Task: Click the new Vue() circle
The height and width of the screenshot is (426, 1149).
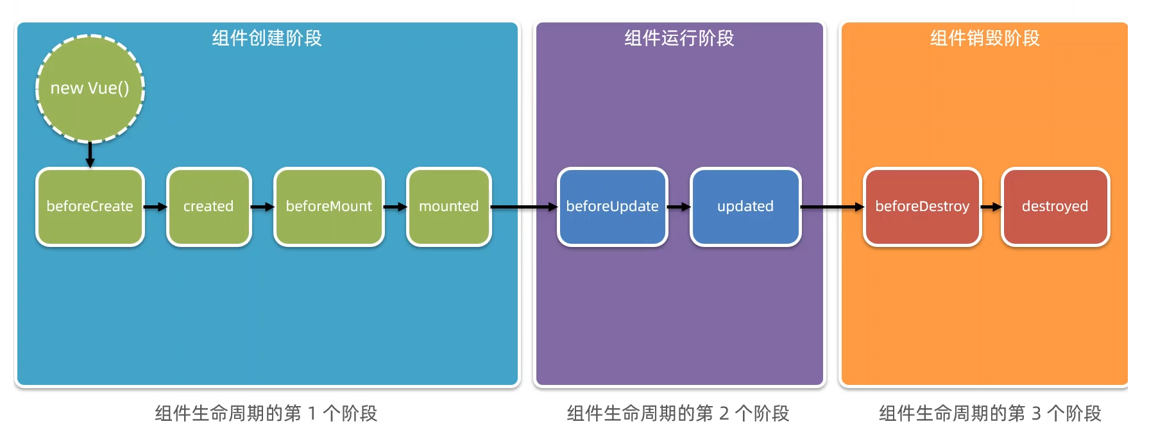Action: [90, 88]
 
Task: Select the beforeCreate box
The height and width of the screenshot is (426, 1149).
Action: [90, 207]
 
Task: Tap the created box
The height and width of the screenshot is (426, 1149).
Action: [209, 207]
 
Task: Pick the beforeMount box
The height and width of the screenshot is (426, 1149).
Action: [328, 207]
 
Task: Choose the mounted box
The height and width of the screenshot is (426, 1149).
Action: [448, 207]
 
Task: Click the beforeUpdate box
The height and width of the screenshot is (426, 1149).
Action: [612, 207]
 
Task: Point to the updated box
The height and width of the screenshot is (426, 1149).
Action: [745, 207]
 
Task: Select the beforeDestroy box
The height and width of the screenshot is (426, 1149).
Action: [922, 207]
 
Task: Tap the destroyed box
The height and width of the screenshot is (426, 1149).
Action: [1055, 207]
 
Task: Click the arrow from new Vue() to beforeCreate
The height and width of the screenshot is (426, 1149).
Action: [90, 154]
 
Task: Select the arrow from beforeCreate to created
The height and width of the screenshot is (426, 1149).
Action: [155, 207]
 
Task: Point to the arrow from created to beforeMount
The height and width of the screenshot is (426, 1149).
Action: [262, 207]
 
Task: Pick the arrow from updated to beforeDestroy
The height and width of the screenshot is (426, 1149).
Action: [832, 207]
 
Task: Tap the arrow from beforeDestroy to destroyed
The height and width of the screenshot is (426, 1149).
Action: [991, 207]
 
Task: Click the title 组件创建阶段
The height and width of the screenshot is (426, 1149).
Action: [267, 38]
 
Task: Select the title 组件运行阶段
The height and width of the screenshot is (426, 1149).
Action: [679, 38]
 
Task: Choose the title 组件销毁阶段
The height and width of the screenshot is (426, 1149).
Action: [985, 38]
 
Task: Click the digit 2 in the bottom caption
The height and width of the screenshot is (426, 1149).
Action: [724, 414]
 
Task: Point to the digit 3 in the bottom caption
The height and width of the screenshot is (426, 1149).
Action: [1036, 414]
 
